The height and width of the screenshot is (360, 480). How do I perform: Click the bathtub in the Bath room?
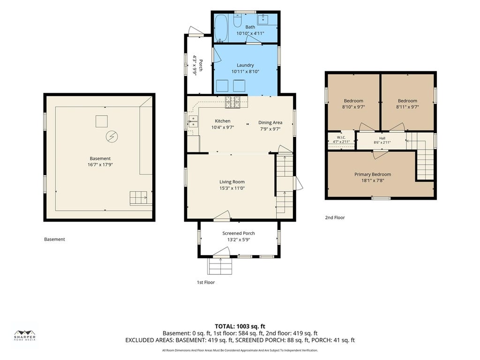coord(220,29)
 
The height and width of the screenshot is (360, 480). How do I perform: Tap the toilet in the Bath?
coord(238,21)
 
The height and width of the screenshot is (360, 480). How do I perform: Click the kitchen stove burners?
coord(232,102)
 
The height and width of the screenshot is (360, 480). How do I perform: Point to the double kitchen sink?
coord(193,121)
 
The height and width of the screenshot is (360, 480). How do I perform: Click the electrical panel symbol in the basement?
coord(112,136)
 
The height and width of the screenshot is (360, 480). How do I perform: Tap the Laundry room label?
coord(245,65)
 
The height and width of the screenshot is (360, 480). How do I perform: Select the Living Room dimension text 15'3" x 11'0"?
coord(232,188)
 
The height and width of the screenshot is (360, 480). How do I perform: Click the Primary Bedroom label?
coord(373,174)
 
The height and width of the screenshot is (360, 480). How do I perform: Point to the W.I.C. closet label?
coord(341,137)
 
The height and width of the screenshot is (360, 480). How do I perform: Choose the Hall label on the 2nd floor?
coord(382,138)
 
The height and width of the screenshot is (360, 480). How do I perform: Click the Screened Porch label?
coord(239,233)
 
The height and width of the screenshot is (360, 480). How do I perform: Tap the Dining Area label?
coord(270,122)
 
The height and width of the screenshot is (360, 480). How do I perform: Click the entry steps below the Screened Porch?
coord(220,266)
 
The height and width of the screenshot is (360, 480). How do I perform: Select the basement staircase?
coord(141,198)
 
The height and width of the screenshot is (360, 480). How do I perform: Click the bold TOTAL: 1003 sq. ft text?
coord(240,326)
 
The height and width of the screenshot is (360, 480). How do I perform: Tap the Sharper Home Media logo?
coord(25,336)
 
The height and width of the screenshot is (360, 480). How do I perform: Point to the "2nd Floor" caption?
coord(335,217)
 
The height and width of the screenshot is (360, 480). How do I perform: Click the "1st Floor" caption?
coord(206,282)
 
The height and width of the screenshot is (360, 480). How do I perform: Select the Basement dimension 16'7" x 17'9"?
coord(100,165)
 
